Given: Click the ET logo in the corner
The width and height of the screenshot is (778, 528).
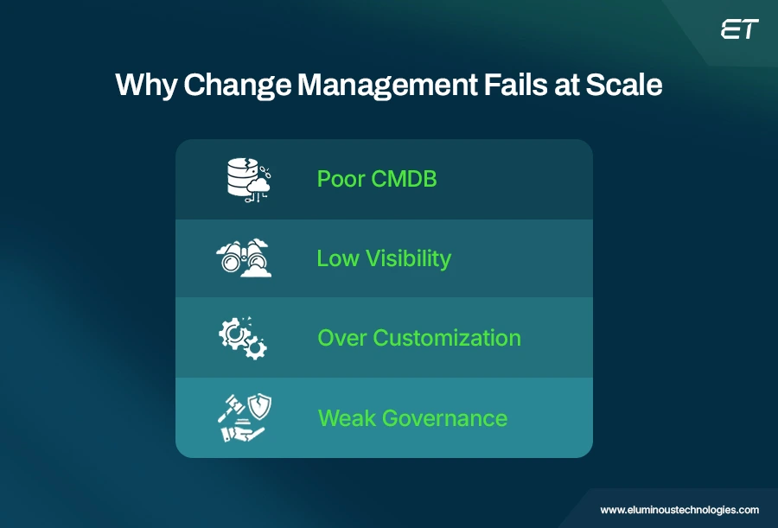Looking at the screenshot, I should pos(739,29).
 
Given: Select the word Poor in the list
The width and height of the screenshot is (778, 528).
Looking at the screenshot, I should pos(341,179).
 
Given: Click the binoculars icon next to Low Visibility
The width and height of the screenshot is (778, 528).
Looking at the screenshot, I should pos(244,258).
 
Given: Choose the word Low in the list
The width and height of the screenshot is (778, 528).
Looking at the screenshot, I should pos(337,258).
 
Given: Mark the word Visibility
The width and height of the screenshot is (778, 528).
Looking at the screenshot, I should pos(407,258).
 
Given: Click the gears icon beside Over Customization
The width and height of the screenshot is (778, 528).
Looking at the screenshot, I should pos(243,338).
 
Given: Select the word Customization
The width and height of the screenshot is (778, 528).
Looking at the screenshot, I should pos(447,338).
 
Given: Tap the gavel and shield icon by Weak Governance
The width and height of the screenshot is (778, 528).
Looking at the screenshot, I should pos(243,418).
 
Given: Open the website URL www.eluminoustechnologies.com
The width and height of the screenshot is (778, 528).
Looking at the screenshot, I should pos(679,510).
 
